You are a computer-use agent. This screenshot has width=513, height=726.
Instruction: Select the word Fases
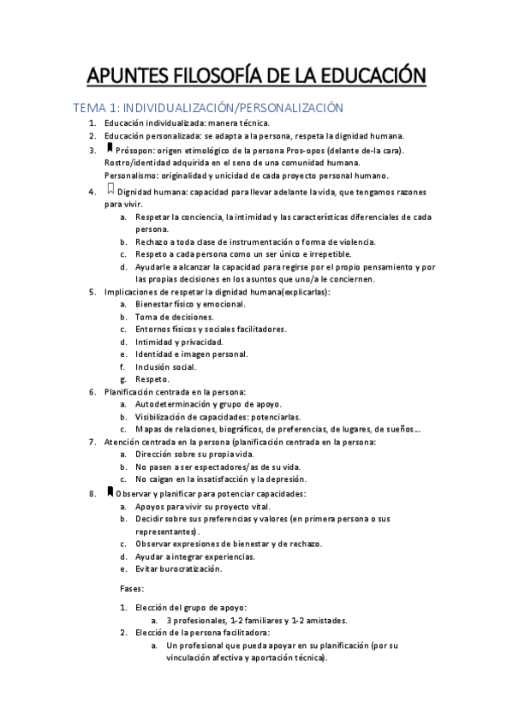[x=133, y=588]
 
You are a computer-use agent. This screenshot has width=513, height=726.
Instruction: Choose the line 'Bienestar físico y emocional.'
[x=190, y=304]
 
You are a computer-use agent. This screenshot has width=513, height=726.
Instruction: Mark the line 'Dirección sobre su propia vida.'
[x=196, y=455]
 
